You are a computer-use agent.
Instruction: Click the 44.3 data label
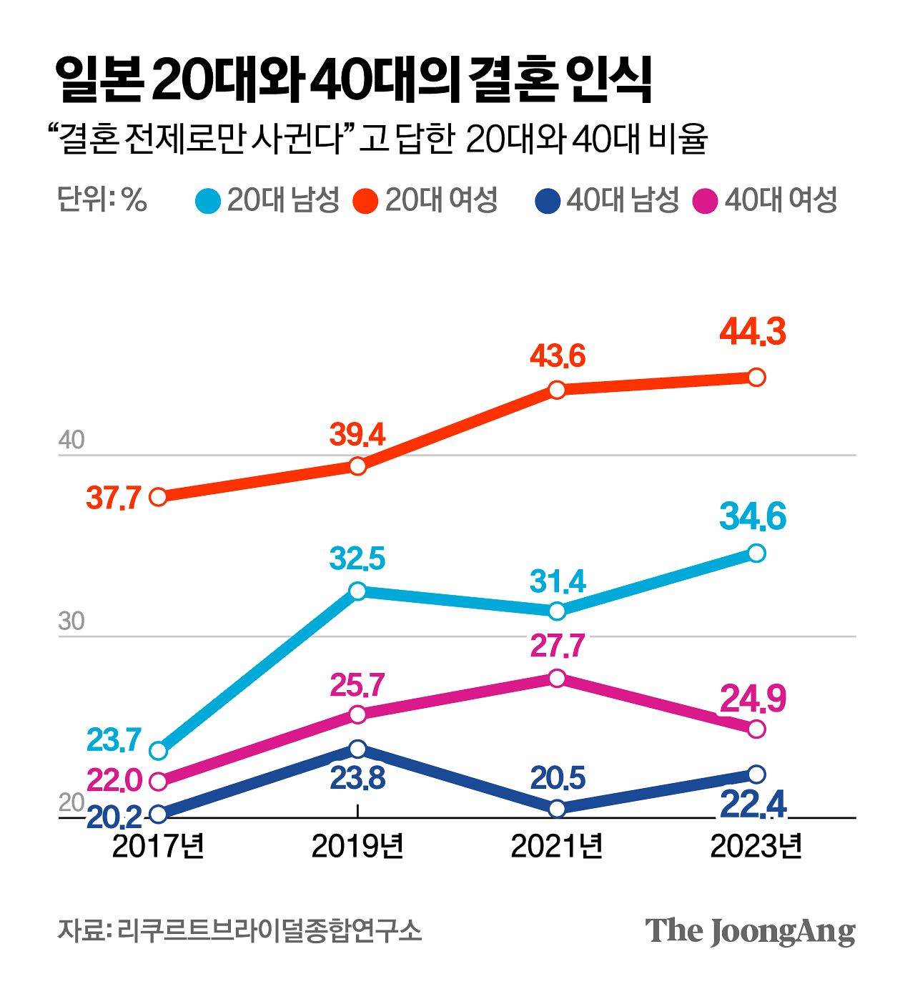pos(753,332)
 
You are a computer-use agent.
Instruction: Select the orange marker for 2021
pos(557,390)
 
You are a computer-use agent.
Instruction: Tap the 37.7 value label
pos(114,497)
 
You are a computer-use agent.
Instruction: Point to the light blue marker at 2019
pos(357,591)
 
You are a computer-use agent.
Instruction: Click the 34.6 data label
pos(753,516)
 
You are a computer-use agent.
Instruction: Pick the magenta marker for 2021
pos(557,678)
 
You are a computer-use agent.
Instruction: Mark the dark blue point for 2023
pos(756,774)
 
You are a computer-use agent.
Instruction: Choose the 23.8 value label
pos(357,778)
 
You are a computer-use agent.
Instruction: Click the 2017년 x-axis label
pos(159,846)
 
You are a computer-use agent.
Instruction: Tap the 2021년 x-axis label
pos(557,846)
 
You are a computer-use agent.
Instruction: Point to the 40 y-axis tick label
pos(71,440)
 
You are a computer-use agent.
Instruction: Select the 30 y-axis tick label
pos(71,621)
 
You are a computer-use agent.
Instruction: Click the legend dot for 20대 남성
pos(208,201)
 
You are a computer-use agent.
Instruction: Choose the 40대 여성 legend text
pos(781,200)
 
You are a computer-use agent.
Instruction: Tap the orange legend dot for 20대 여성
pos(365,201)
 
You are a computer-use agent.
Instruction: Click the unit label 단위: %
pos(102,200)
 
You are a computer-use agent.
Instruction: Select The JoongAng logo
pos(750,931)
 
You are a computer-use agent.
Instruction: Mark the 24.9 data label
pos(753,699)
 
